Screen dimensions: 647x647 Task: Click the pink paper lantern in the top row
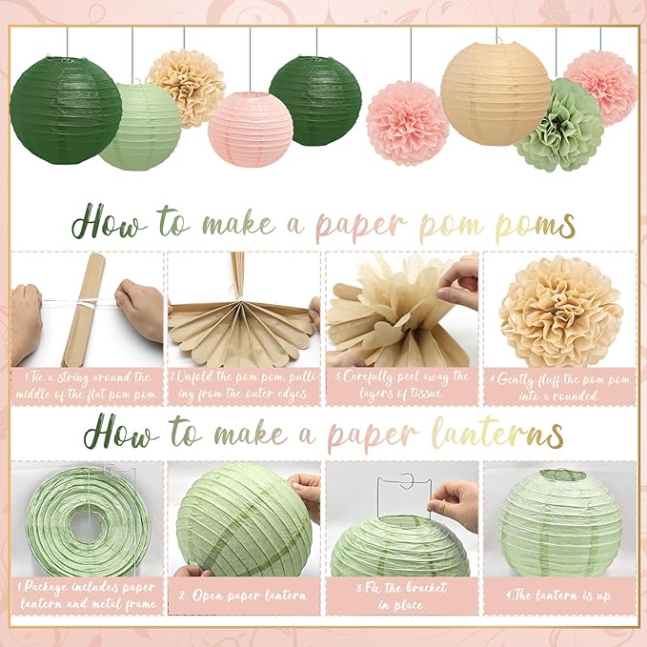coord(251,130)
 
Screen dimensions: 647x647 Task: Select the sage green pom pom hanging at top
coord(559,125)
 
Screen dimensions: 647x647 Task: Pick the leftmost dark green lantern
coord(66,111)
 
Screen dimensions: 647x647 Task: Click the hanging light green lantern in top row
coord(140,127)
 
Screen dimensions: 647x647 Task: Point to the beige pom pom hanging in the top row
coord(186,88)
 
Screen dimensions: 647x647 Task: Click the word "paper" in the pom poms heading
coord(362,226)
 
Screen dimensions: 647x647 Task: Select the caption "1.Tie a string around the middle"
coord(86,386)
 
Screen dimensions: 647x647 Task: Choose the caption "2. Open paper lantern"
coord(243,596)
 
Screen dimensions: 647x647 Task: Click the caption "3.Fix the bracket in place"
coord(401,596)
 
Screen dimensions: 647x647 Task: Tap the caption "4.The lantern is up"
coord(558,595)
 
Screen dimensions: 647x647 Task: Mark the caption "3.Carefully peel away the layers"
coord(401,385)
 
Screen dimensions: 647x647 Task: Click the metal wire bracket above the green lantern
coord(404,495)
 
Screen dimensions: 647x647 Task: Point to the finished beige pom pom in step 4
coord(560,312)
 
